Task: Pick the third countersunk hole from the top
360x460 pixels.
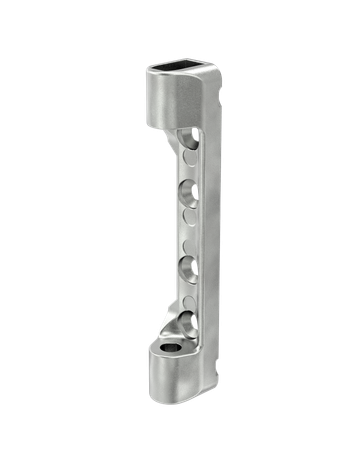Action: click(x=187, y=267)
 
